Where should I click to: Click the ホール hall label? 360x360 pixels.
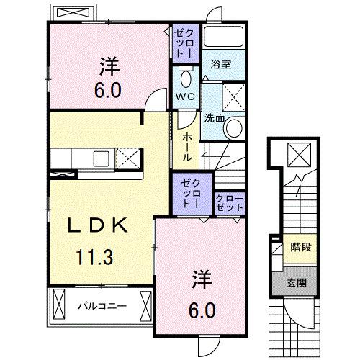coord(186,147)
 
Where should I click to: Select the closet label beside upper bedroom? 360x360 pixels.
coord(181,42)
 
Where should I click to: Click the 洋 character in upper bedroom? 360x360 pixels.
coord(109,66)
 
